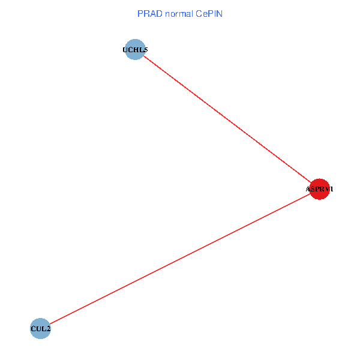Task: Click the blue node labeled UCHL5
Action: (135, 49)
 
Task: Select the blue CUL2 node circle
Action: (40, 328)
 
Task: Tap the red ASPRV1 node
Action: (319, 189)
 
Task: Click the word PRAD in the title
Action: (147, 13)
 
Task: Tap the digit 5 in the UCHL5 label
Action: (145, 50)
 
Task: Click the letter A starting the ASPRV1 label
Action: (308, 190)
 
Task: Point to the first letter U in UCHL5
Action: (125, 50)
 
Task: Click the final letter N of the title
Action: (220, 13)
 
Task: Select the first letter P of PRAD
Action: (140, 13)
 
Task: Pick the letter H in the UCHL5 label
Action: (136, 50)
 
